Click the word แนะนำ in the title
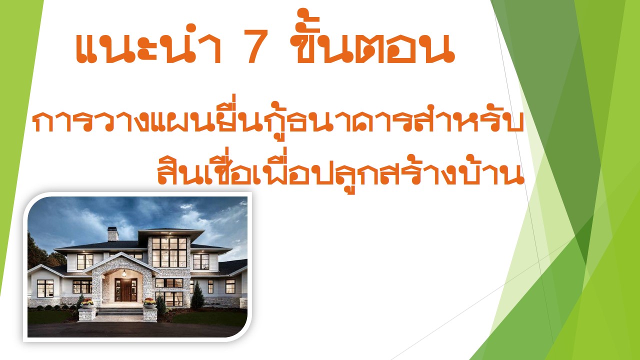pyautogui.click(x=148, y=43)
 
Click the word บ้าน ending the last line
pyautogui.click(x=494, y=169)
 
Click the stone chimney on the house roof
pyautogui.click(x=112, y=234)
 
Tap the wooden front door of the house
pyautogui.click(x=125, y=290)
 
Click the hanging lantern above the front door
pyautogui.click(x=124, y=273)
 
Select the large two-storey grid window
pyautogui.click(x=169, y=252)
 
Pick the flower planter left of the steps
pyautogui.click(x=87, y=303)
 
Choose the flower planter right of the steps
pyautogui.click(x=149, y=303)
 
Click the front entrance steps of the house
pyautogui.click(x=120, y=311)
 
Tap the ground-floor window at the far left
pyautogui.click(x=45, y=288)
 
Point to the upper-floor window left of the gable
pyautogui.click(x=85, y=261)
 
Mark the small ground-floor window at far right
pyautogui.click(x=230, y=286)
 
